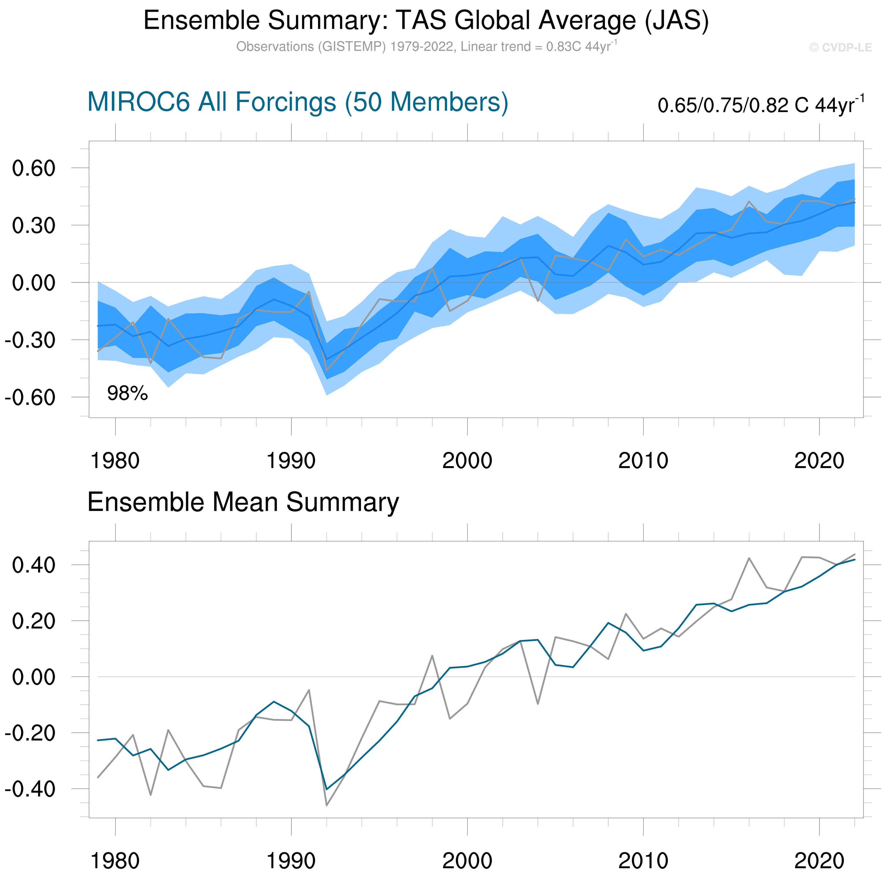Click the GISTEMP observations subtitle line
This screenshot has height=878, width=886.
pos(426,47)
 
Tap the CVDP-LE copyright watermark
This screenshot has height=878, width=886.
pos(840,48)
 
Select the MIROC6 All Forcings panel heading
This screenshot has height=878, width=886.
pos(298,102)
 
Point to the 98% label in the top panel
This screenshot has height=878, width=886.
pos(128,393)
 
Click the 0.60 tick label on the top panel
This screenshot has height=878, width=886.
pos(33,169)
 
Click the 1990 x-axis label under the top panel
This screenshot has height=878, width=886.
pos(291,461)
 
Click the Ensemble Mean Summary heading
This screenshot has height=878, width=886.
pos(243,502)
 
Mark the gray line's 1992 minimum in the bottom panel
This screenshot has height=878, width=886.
pos(327,805)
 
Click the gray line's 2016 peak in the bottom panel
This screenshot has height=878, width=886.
pos(749,558)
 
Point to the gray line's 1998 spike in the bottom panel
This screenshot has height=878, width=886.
pos(432,656)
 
